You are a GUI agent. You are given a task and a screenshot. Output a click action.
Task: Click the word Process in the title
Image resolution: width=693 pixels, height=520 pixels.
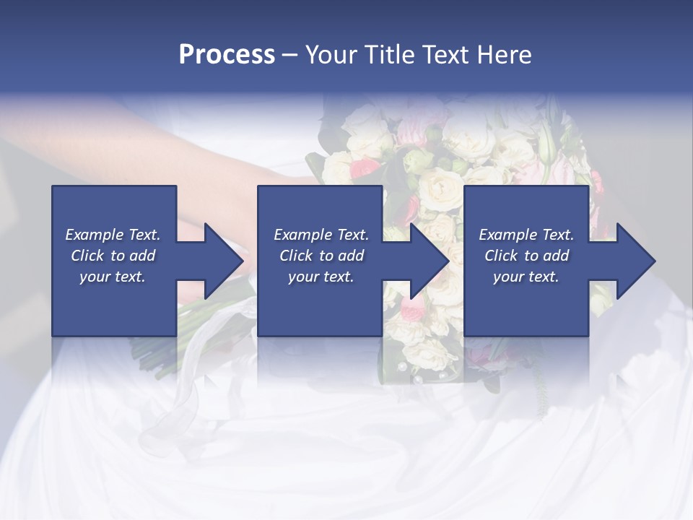click(x=227, y=55)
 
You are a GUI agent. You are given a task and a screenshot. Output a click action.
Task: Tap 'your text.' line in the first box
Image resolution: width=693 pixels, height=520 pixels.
click(x=113, y=277)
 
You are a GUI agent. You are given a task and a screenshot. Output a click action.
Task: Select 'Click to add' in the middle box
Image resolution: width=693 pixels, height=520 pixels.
click(x=321, y=256)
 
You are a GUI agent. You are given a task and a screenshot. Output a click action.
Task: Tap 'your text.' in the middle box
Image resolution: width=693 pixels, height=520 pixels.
click(x=321, y=277)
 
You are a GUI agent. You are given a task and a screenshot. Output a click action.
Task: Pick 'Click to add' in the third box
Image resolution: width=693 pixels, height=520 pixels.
click(x=526, y=256)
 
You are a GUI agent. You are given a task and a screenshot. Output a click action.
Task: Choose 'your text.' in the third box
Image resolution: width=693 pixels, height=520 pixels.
click(x=526, y=277)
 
